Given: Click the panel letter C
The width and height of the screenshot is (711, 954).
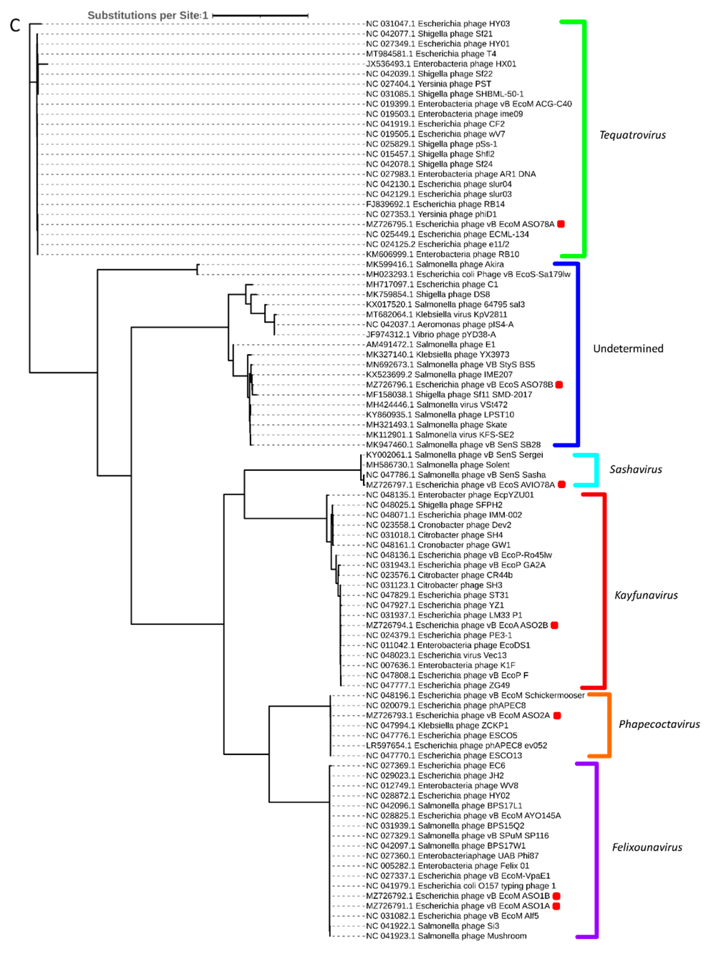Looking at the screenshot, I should (x=15, y=25).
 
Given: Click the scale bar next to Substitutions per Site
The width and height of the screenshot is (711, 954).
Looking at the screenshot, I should (x=260, y=15).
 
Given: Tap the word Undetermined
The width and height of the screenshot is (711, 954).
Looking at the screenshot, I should (x=628, y=349).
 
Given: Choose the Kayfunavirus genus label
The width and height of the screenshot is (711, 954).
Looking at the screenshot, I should (x=645, y=595).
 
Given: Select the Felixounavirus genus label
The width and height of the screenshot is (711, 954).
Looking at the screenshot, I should (x=647, y=847).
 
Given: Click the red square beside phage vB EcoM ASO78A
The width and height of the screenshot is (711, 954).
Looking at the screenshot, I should (x=561, y=224).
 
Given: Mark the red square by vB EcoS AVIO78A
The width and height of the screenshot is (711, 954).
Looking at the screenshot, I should (x=561, y=485).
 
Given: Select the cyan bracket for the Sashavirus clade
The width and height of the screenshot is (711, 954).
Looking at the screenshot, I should (x=596, y=470).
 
